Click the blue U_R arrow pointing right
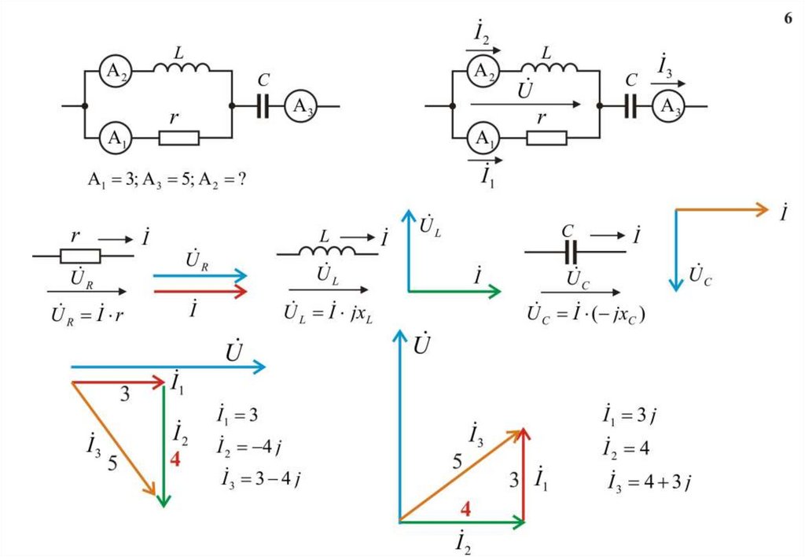click(200, 275)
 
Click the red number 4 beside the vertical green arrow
click(175, 459)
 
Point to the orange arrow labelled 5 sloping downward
click(116, 439)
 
